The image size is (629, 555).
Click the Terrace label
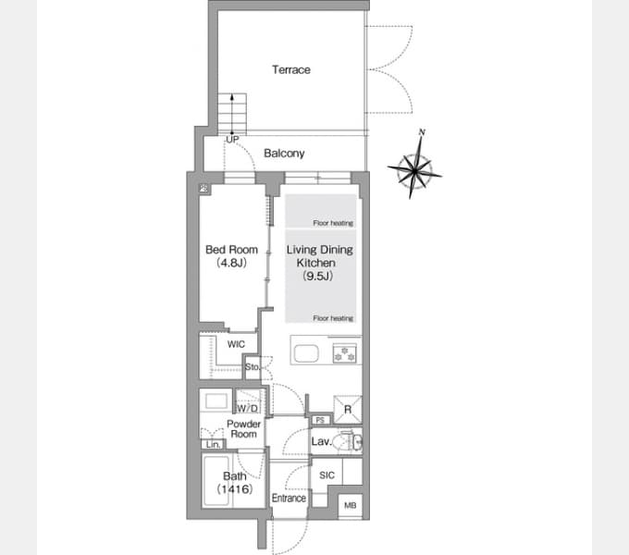click(x=290, y=69)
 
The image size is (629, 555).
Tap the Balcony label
click(x=284, y=154)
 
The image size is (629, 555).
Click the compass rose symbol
click(x=414, y=168)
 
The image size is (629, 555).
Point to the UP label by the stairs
click(x=231, y=139)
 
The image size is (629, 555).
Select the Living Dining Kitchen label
click(x=319, y=263)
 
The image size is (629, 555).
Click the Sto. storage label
click(x=252, y=368)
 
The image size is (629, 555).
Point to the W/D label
click(x=247, y=408)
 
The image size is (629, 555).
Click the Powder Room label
click(x=242, y=428)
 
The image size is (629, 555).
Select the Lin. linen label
click(x=212, y=444)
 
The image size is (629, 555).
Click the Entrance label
click(x=289, y=499)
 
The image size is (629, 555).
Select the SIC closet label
click(x=327, y=475)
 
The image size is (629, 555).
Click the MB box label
click(x=350, y=505)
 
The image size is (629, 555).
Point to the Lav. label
click(x=322, y=442)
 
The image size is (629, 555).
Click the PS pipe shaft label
click(x=318, y=419)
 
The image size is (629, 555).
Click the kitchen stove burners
click(x=345, y=351)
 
